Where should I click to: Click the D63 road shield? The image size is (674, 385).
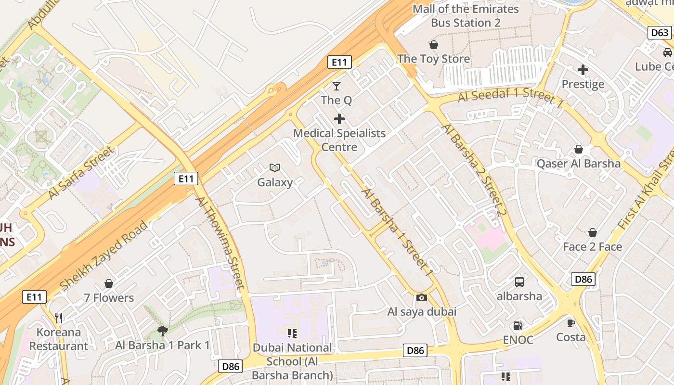659,33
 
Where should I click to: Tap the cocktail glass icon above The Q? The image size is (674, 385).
337,86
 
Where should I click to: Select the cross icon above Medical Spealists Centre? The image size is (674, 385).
339,119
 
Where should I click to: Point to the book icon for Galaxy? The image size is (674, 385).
275,167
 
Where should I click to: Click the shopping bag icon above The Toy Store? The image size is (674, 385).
434,45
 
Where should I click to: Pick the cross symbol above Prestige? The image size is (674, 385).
583,70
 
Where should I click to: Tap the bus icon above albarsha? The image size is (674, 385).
519,282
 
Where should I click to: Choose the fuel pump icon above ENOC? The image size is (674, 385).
518,326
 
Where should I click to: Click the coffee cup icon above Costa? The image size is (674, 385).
571,323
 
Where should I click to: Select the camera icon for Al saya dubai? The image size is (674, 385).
422,297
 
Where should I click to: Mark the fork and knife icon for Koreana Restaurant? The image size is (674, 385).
59,318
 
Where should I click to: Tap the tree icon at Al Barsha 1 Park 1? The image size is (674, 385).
163,331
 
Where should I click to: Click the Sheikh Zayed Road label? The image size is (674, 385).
103,256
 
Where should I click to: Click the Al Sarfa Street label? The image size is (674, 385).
82,173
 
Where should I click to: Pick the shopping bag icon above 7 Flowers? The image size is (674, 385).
109,283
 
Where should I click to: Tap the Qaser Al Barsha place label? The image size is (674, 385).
579,164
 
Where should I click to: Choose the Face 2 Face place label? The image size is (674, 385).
593,247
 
